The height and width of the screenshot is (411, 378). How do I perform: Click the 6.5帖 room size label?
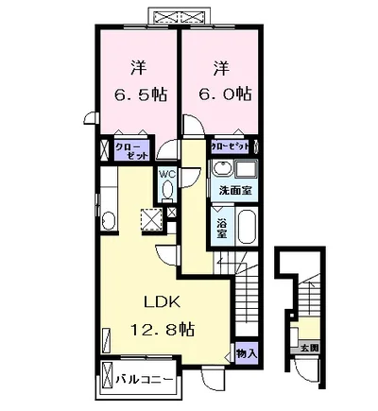click(140, 94)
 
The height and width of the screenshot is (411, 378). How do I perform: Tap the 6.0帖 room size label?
click(225, 94)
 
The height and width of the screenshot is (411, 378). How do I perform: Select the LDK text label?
click(163, 302)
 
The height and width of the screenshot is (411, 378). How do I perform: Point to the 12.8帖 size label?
click(163, 330)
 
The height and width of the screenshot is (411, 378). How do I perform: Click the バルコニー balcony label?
click(144, 379)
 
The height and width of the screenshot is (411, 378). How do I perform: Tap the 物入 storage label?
click(247, 353)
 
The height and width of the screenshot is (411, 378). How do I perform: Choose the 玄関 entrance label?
click(310, 348)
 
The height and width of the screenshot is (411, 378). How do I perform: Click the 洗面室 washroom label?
click(235, 191)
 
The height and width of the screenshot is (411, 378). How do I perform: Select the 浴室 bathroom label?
click(222, 228)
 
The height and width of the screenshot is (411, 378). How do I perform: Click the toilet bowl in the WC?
click(167, 190)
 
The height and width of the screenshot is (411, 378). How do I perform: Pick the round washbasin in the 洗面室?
click(222, 169)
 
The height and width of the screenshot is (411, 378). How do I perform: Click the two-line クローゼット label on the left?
click(131, 151)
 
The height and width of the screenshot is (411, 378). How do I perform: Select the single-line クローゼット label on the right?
click(230, 146)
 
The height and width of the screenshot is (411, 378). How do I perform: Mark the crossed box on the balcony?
click(107, 377)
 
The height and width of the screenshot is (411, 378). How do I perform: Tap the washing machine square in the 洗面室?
click(247, 169)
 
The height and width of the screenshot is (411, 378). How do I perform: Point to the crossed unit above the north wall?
click(179, 15)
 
